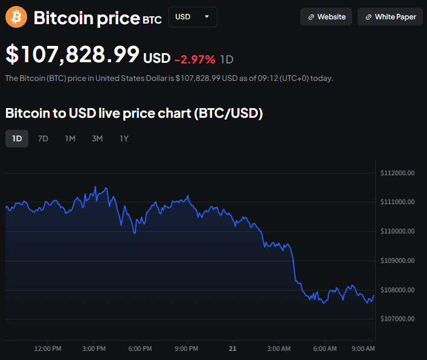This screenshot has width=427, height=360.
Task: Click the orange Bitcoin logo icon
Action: pos(16,17)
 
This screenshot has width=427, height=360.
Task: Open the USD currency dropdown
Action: pos(193,17)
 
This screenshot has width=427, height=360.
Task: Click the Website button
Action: pos(327,17)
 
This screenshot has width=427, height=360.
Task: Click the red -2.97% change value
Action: pos(194,59)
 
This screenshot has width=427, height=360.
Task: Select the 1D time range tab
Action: pos(17,138)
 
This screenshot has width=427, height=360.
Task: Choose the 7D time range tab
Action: pos(43,138)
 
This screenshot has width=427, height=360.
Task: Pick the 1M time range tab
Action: pos(70,138)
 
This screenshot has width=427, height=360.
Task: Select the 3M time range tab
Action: pos(97,138)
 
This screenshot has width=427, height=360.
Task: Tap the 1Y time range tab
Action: pos(124,138)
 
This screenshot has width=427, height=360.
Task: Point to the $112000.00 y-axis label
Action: pos(397,173)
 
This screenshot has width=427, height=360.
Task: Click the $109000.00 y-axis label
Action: pos(397,261)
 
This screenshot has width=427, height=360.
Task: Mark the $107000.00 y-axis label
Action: pos(397,319)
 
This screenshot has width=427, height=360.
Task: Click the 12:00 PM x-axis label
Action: pos(48,349)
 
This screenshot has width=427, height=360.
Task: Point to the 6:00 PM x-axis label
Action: pos(140,349)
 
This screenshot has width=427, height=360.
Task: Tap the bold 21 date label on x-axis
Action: pos(232,349)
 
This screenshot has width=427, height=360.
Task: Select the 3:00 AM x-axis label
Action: pos(279,349)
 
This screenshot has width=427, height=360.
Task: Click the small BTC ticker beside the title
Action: pos(152,20)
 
